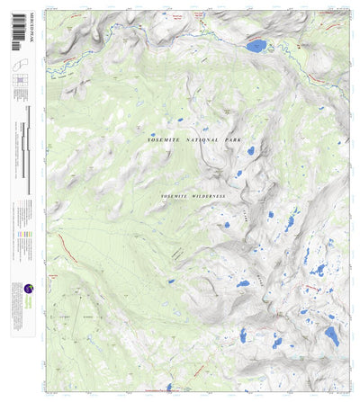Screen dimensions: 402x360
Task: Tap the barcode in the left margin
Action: click(17, 40)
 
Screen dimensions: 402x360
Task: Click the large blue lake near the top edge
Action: click(256, 45)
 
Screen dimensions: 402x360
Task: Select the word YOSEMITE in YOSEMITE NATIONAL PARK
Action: click(168, 141)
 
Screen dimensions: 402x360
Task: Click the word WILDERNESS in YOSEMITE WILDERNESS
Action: click(206, 195)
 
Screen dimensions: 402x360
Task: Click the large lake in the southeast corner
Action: click(331, 337)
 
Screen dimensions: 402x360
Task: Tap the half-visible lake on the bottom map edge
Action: click(169, 388)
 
